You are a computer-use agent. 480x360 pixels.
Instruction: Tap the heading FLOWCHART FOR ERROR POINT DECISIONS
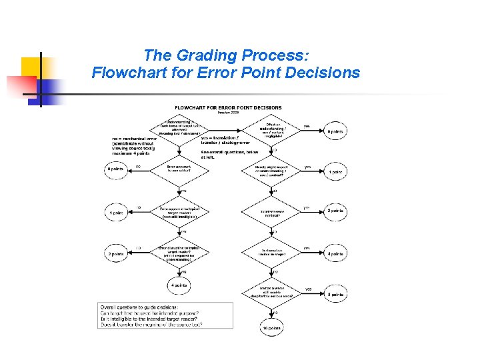[228, 107]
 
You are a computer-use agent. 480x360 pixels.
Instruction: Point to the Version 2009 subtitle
[228, 113]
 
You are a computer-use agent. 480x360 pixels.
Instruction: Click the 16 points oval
[272, 328]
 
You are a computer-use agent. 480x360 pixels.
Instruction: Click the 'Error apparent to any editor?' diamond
[179, 169]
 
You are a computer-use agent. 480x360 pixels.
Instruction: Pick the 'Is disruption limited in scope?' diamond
[273, 253]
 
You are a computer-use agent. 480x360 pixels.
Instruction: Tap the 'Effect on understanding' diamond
[273, 129]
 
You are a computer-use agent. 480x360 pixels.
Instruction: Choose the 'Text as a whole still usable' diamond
[273, 292]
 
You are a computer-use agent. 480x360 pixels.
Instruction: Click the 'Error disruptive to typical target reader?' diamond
[179, 253]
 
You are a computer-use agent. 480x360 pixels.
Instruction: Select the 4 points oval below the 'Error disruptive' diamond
[179, 285]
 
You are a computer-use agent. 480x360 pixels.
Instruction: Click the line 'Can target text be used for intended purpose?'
[150, 313]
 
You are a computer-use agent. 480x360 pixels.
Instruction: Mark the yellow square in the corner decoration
[31, 67]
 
